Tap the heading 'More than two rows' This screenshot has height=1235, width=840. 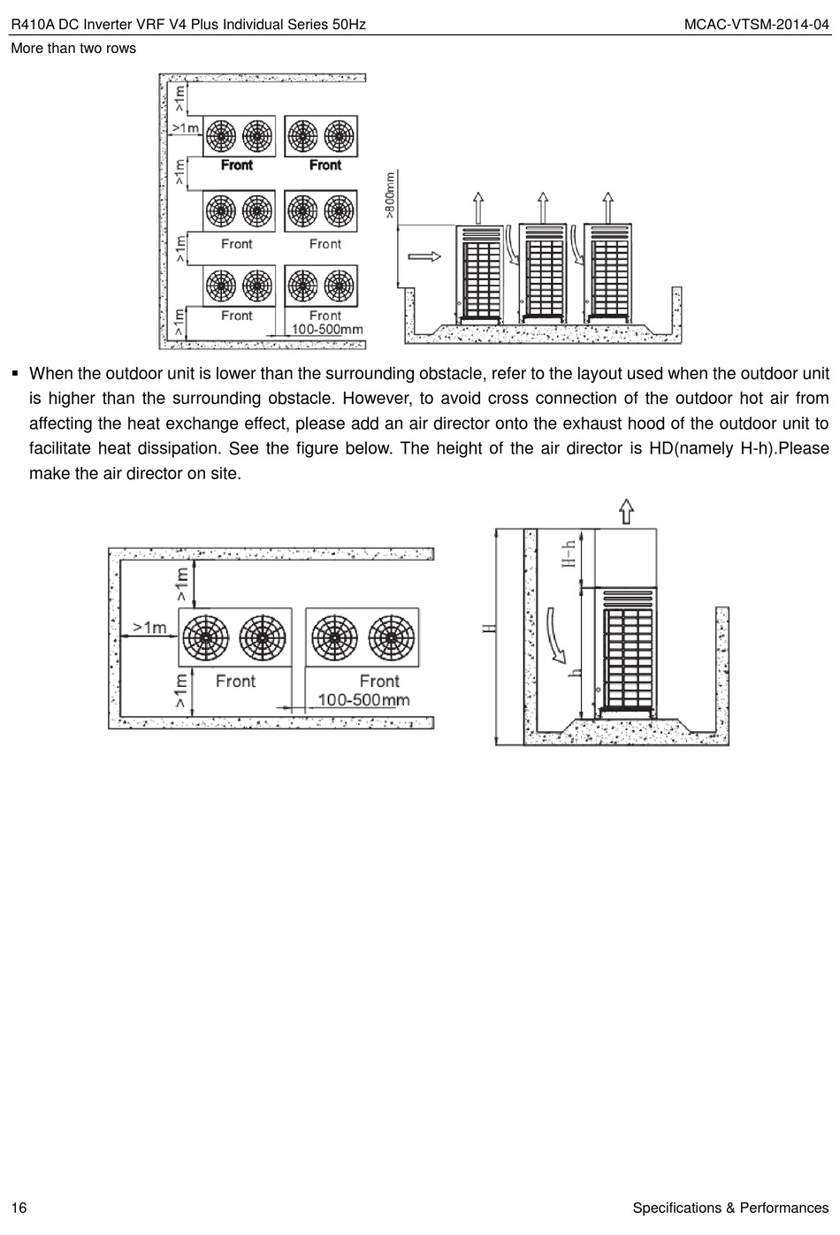point(73,48)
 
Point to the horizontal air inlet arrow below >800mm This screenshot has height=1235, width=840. point(424,256)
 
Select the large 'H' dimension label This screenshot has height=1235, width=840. point(487,629)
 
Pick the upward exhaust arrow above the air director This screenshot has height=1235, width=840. point(625,512)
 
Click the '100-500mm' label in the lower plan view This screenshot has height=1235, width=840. point(363,700)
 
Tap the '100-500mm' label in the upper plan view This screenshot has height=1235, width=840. point(327,329)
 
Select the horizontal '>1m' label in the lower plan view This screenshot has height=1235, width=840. point(149,627)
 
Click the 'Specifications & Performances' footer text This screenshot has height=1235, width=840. point(730,1208)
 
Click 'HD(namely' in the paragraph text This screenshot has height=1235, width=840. point(691,448)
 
